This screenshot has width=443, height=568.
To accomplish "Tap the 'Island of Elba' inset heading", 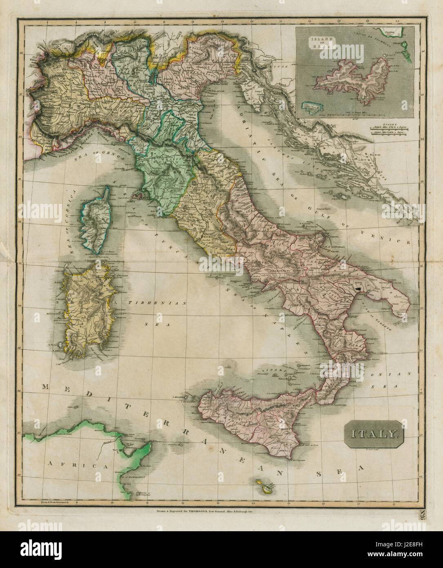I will [321, 42].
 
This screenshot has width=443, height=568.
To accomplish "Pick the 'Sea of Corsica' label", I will [70, 228].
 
